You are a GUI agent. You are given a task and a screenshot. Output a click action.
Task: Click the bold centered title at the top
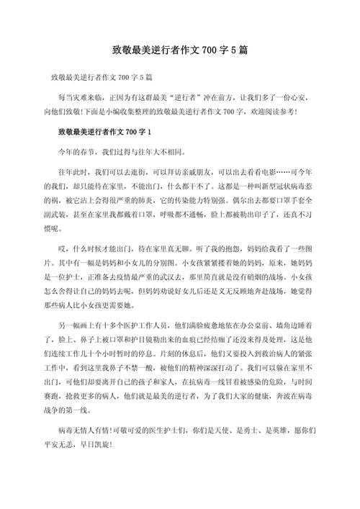coord(180,51)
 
